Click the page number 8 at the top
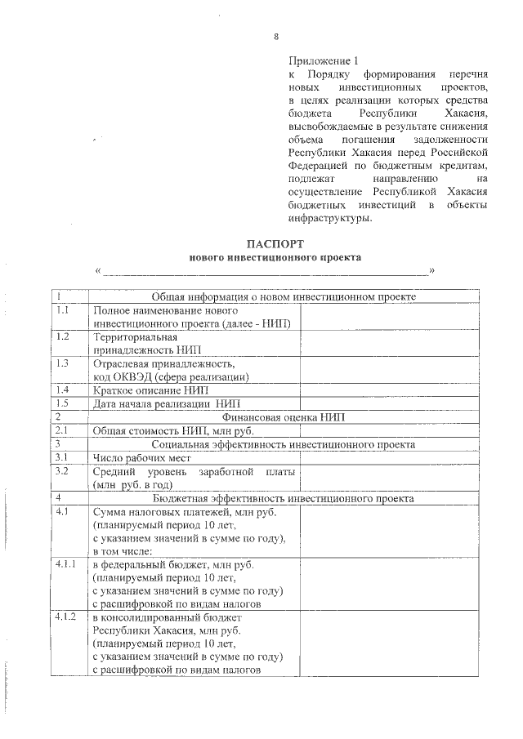275,37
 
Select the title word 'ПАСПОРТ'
275,244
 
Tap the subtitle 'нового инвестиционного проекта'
275,257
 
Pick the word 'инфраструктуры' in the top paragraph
329,218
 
